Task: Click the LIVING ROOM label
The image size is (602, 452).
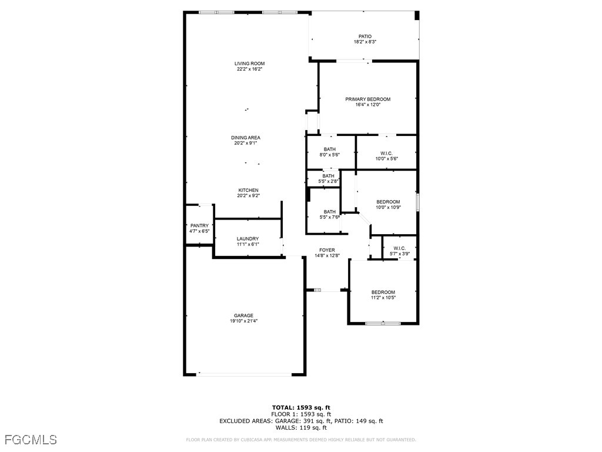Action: tap(249, 64)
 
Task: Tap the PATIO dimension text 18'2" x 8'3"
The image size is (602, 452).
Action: tap(364, 42)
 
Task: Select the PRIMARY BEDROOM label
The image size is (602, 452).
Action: tap(367, 99)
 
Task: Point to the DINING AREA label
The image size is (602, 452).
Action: tap(245, 138)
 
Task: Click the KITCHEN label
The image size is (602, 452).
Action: tap(248, 190)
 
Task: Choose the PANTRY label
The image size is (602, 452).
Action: tap(199, 225)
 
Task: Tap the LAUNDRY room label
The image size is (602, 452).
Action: tap(248, 238)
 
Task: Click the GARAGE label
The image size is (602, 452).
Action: tap(243, 315)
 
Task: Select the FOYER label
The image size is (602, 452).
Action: tap(327, 250)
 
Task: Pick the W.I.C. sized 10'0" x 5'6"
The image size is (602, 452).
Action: tap(386, 153)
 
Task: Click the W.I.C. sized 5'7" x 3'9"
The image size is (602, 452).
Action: tap(399, 248)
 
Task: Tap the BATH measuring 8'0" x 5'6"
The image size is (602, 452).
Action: tap(329, 149)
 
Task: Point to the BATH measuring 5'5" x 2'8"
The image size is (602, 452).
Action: tap(328, 175)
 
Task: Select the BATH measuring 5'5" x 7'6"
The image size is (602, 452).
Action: tap(330, 212)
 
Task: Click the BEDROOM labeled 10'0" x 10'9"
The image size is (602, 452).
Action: tap(388, 202)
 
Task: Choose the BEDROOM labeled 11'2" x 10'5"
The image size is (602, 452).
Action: tap(383, 292)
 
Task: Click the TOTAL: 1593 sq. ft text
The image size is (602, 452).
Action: tap(301, 407)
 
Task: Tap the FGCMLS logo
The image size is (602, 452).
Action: tap(30, 439)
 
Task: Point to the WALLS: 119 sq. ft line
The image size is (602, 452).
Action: tap(301, 428)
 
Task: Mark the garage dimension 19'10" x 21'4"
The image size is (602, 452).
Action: tap(243, 321)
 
